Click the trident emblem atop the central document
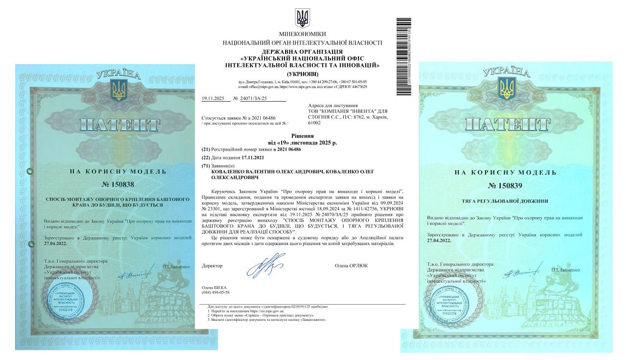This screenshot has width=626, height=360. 302,19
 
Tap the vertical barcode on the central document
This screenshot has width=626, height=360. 404,56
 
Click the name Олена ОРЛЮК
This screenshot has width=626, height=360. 351,266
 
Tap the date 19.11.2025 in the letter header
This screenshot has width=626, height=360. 213,98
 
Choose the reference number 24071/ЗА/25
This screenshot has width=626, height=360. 254,98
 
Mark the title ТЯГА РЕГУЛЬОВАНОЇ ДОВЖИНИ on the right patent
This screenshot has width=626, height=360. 506,201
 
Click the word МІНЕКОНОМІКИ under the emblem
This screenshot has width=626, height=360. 302,34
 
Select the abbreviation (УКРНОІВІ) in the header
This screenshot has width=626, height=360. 302,73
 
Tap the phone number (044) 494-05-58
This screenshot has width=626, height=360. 215,292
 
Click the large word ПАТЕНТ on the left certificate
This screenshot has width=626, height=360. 119,124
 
